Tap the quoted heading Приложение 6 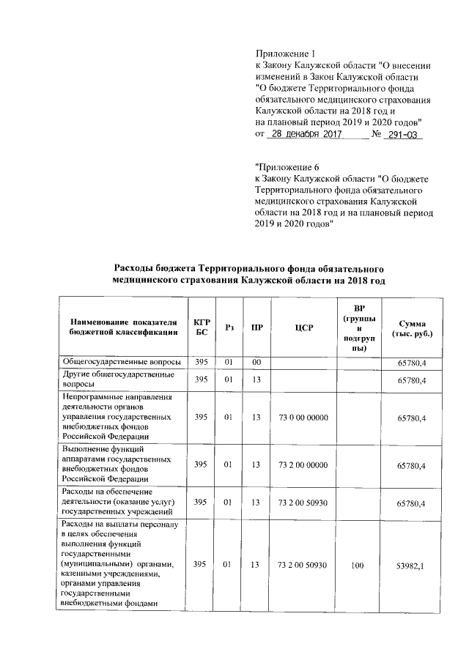(288, 166)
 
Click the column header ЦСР (303, 327)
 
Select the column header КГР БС (202, 327)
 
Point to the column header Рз (229, 327)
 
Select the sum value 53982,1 (413, 566)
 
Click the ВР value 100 (357, 566)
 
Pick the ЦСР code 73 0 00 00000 (303, 417)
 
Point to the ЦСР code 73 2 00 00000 (303, 465)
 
